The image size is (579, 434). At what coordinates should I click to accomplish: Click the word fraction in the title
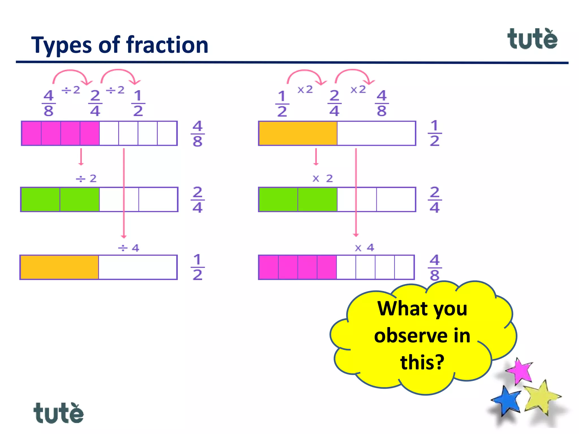coord(167,45)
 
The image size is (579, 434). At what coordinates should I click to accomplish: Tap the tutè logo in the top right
coord(532,39)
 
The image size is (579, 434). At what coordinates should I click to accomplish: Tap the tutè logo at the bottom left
coord(59,413)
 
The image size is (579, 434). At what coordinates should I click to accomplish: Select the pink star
coord(520,371)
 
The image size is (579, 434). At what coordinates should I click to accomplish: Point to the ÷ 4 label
coord(129,248)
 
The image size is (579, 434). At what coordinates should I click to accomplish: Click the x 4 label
coord(365,248)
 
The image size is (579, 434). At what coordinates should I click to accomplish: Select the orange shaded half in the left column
coord(59,267)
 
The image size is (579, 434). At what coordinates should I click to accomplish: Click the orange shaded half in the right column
coord(298,133)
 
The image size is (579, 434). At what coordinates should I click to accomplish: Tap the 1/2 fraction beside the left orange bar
coord(197,267)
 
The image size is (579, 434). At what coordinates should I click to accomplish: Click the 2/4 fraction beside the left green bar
coord(197,200)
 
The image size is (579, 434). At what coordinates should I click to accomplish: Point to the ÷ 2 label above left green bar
coord(86,179)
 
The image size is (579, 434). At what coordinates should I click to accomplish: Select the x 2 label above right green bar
coord(323,179)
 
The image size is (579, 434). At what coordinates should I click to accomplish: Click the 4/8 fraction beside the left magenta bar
coord(197,134)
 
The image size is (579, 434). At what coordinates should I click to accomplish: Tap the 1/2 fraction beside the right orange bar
coord(435,133)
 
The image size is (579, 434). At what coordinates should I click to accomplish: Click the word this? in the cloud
coord(422,362)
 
